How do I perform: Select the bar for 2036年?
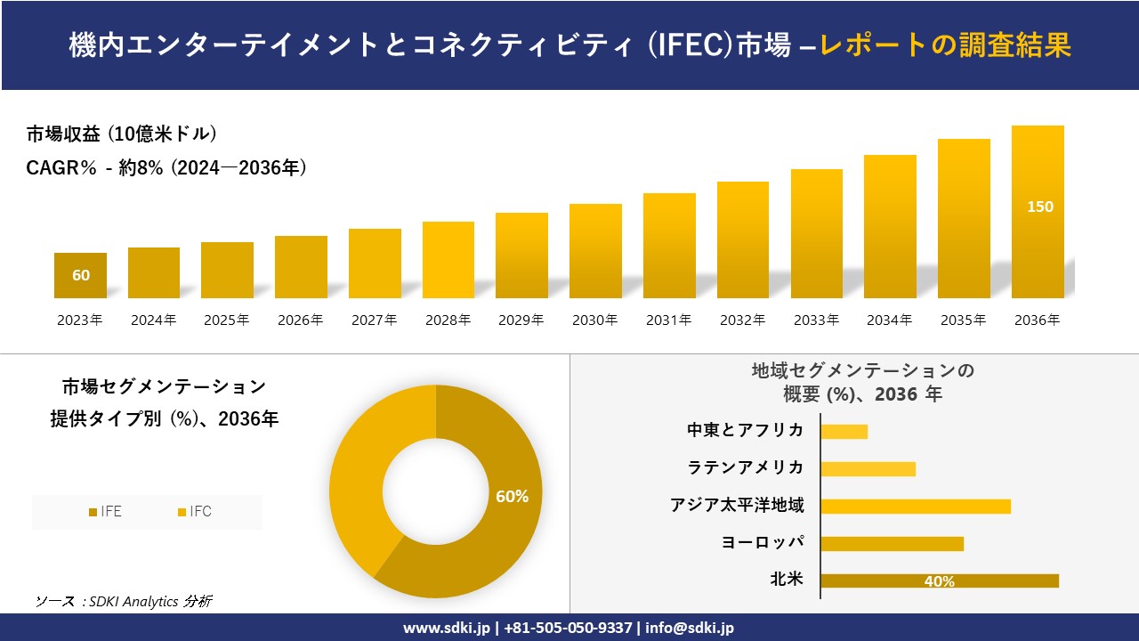coord(1038,249)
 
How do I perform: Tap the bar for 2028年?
coord(448,260)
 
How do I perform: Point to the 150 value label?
coord(1039,207)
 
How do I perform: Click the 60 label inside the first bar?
coord(81,275)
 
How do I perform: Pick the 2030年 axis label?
coord(594,320)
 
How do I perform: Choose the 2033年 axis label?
coord(816,320)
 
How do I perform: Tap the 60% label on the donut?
coord(512,497)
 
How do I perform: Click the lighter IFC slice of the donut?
coord(365,472)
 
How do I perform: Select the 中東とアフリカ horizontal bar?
coord(844,432)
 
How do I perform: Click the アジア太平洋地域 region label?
coord(737,506)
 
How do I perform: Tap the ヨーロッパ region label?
coord(763,543)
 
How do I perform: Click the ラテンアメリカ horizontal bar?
coord(868,469)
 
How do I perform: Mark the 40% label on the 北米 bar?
coord(939,581)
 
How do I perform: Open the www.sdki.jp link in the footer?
coord(446,628)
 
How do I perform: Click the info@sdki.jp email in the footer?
coord(691,628)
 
